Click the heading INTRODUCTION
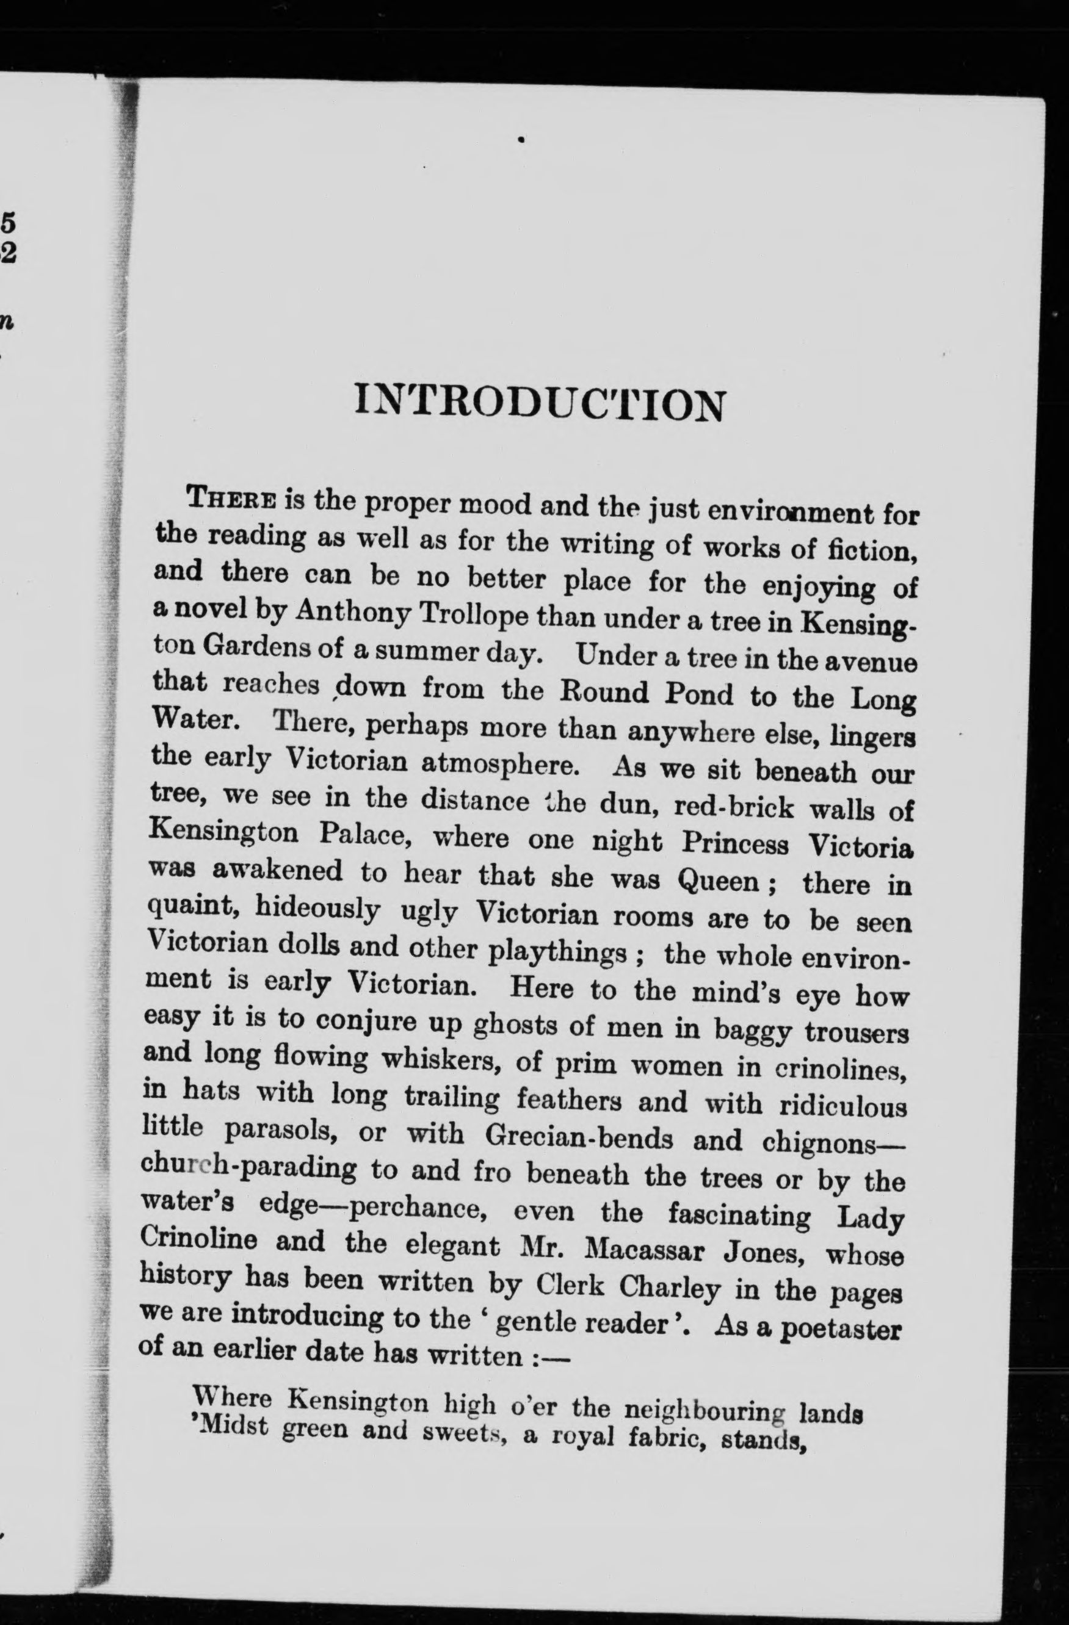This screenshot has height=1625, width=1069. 538,405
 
